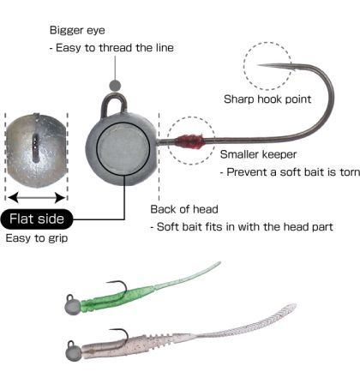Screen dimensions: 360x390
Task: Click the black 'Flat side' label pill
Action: tap(37, 219)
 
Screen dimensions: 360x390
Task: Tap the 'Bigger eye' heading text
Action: tap(77, 30)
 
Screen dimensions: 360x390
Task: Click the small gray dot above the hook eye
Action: tap(115, 85)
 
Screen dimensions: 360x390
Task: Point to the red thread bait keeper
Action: tap(189, 141)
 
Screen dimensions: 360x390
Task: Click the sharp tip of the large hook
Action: tap(258, 65)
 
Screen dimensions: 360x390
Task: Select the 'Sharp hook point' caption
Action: tap(267, 99)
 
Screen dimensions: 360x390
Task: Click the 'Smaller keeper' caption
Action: tap(258, 154)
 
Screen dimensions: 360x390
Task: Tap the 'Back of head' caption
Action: tap(184, 209)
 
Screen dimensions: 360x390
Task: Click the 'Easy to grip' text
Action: tap(37, 238)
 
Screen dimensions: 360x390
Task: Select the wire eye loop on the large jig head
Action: tap(113, 96)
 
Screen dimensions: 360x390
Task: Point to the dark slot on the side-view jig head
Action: tap(35, 147)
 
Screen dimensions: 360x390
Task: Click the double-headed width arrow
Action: tap(37, 197)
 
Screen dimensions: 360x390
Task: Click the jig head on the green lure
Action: tap(72, 307)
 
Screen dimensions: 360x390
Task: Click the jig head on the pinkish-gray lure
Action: tap(73, 354)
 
